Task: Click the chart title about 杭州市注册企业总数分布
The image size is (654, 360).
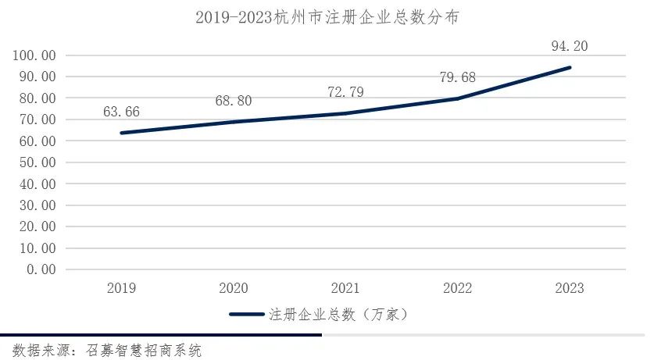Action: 327,17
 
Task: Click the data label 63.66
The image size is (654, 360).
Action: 121,112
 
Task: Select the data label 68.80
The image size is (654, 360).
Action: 234,101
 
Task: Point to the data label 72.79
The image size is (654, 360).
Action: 345,92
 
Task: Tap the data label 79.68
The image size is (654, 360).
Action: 457,77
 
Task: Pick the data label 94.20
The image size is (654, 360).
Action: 569,46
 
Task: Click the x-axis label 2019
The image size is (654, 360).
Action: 121,289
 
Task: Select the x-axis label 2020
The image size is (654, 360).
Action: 234,289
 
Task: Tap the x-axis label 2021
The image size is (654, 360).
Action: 345,289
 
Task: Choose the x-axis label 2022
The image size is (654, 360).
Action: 457,289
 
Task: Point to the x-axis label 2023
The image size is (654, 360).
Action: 569,289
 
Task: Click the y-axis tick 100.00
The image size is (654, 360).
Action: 34,55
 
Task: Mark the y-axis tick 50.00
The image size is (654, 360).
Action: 38,162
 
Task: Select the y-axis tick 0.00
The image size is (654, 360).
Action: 41,269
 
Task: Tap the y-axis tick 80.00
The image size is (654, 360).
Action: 38,98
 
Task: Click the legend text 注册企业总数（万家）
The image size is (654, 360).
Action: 336,315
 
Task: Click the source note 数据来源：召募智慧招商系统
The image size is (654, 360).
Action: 107,350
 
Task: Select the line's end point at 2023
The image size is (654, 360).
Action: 569,67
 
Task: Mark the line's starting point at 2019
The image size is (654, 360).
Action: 121,133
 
